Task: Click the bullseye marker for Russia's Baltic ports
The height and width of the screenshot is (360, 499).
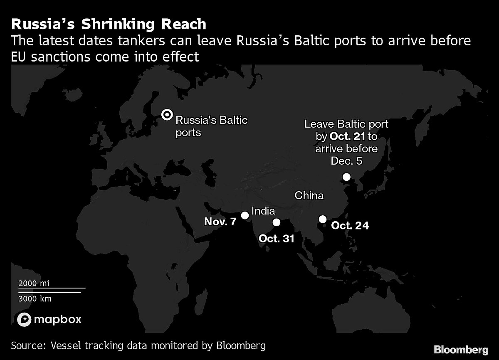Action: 167,115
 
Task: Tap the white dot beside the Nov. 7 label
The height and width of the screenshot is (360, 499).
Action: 245,215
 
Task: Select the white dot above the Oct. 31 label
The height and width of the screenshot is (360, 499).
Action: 276,223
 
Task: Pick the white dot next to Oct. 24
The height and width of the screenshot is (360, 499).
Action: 322,219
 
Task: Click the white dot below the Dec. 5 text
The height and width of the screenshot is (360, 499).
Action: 346,178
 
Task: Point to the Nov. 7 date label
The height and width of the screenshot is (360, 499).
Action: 220,221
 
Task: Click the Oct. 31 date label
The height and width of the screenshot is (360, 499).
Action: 276,239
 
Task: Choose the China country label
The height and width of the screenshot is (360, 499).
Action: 309,195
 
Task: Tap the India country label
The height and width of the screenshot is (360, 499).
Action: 263,211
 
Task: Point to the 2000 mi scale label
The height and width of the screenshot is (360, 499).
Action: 34,283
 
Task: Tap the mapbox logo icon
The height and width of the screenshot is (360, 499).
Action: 24,319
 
